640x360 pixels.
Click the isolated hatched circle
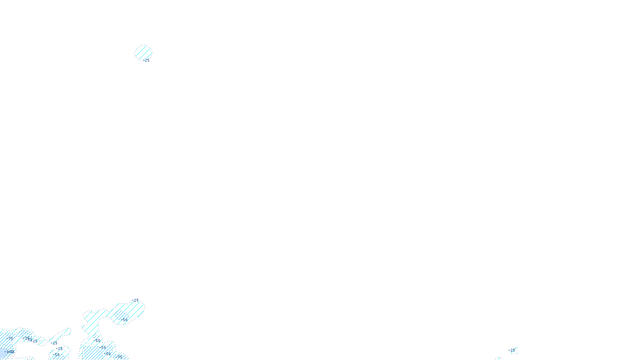pyautogui.click(x=143, y=52)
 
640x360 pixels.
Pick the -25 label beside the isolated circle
pyautogui.click(x=146, y=60)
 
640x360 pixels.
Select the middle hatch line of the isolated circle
pyautogui.click(x=143, y=52)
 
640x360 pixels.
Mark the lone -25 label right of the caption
pyautogui.click(x=512, y=350)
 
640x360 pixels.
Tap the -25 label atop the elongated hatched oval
pyautogui.click(x=136, y=300)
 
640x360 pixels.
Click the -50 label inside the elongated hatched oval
pyautogui.click(x=124, y=320)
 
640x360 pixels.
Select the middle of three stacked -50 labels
pyautogui.click(x=103, y=347)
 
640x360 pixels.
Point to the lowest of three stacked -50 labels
pyautogui.click(x=107, y=354)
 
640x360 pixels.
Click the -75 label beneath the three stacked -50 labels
pyautogui.click(x=119, y=357)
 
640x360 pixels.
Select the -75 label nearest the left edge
pyautogui.click(x=10, y=338)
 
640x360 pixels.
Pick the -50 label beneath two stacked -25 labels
pyautogui.click(x=56, y=354)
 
